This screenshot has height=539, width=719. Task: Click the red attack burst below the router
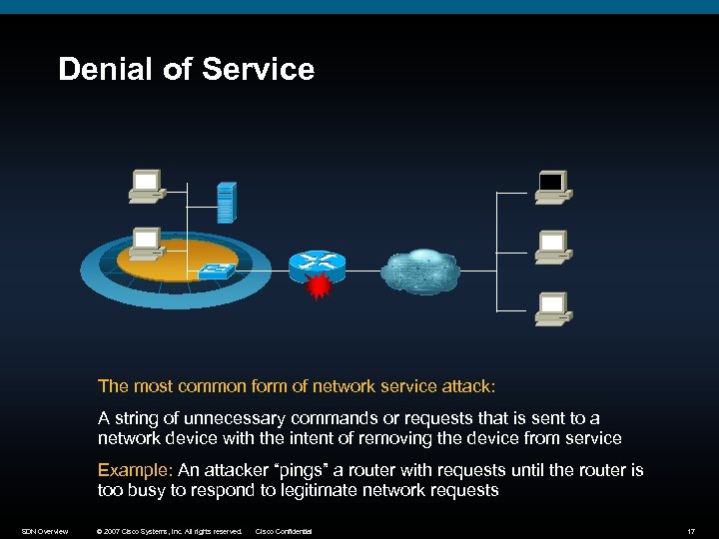click(x=319, y=287)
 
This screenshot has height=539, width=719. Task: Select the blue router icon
click(x=316, y=263)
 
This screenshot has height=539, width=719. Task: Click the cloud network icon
click(x=419, y=269)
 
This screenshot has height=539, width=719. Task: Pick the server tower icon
click(x=227, y=203)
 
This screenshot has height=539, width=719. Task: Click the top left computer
click(x=146, y=186)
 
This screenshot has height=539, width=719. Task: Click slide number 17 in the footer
click(x=690, y=531)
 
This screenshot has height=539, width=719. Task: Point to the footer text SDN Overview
click(x=45, y=531)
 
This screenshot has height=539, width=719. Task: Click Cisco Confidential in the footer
click(x=284, y=531)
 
